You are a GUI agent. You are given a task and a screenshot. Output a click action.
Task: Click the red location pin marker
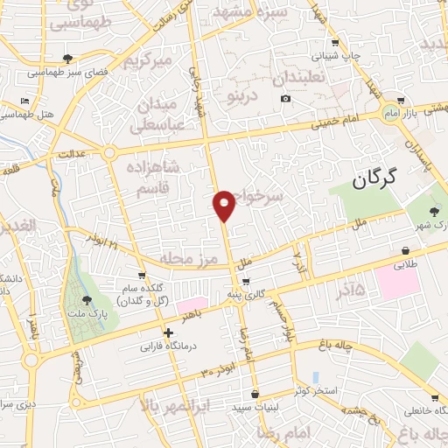coord(225,205)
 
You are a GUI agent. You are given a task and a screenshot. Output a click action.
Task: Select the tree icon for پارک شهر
coord(435,211)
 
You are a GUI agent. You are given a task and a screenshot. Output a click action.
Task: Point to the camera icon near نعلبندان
coord(285,98)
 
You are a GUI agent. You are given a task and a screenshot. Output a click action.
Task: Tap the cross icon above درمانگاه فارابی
coord(169,332)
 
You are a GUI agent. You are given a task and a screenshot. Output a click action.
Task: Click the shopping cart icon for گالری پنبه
coord(246,282)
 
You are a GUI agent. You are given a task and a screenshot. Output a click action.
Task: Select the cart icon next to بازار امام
coord(400,101)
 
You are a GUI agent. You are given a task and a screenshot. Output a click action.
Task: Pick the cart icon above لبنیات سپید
coord(253,394)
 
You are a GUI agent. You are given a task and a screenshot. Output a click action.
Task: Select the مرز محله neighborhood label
coord(186,259)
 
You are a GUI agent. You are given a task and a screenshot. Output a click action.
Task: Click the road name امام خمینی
coord(344,125)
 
